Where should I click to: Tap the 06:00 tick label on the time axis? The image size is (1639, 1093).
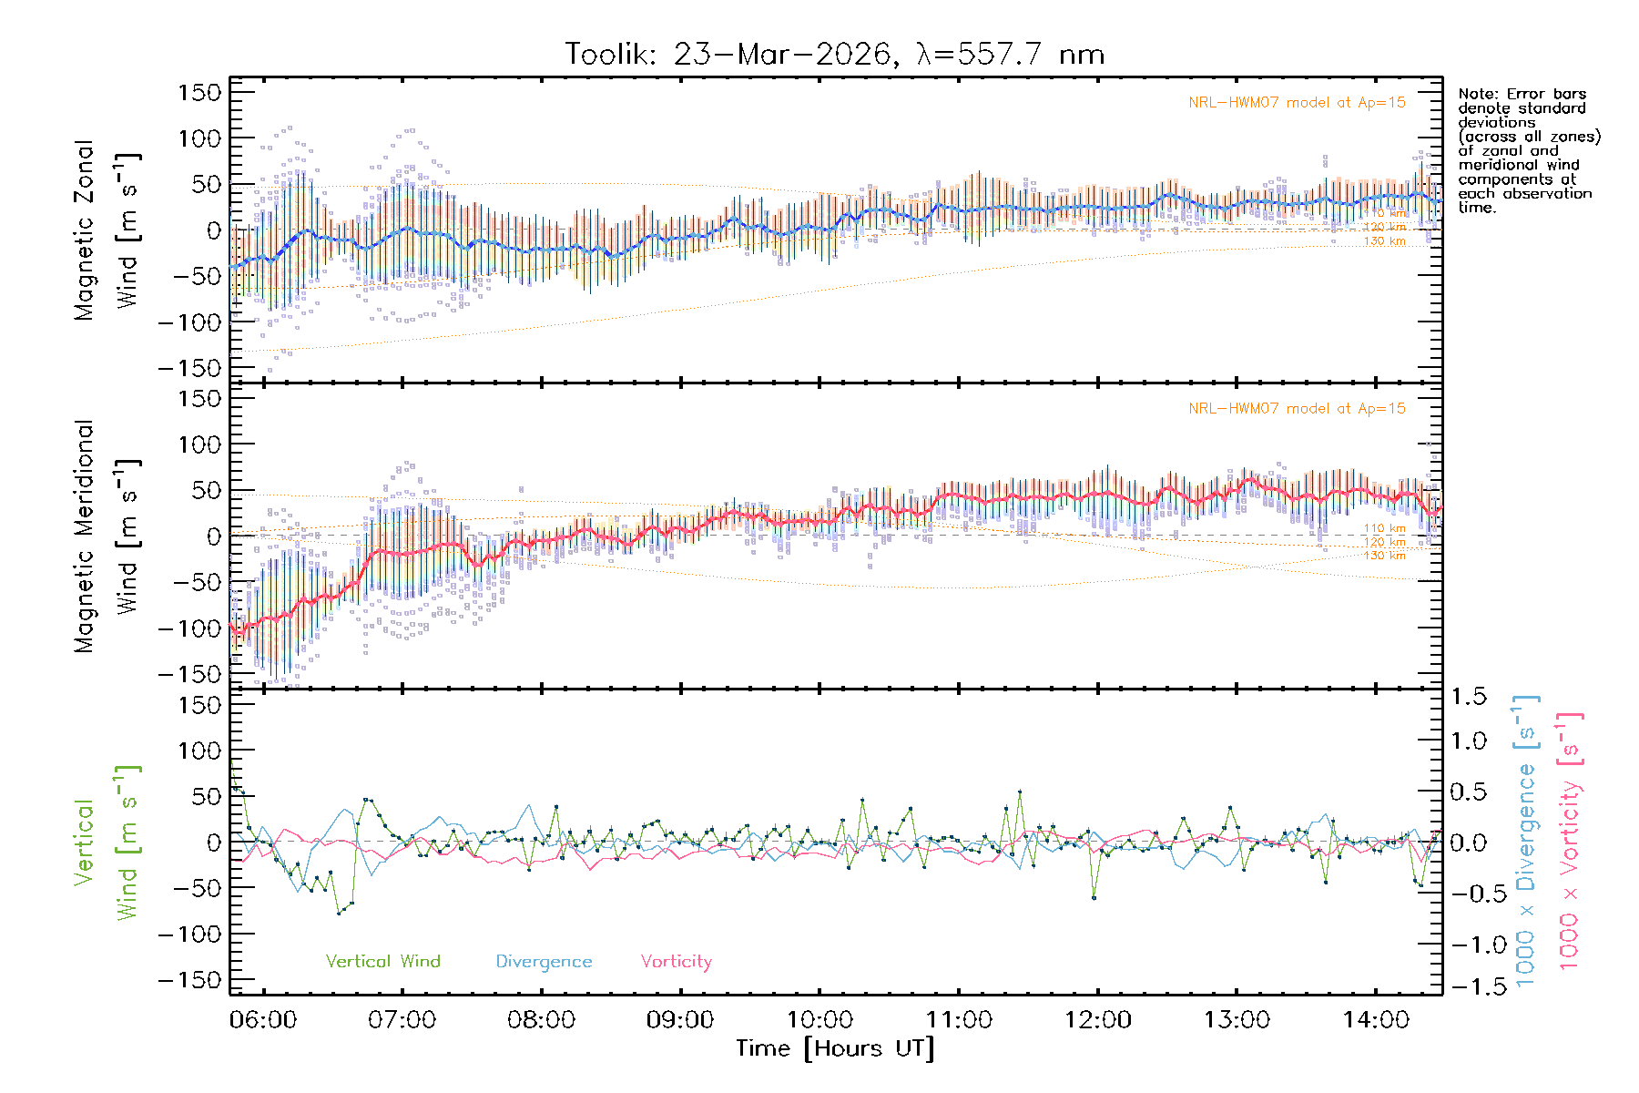coord(263,1020)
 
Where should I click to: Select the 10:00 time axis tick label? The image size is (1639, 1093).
coord(819,1020)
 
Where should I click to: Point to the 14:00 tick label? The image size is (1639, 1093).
coord(1376,1020)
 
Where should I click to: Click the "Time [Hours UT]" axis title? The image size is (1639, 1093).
coord(834,1049)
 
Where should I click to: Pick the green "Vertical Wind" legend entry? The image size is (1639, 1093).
coord(382,962)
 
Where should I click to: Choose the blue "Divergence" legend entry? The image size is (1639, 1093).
coord(544,962)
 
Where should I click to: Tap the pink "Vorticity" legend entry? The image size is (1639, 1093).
coord(676,962)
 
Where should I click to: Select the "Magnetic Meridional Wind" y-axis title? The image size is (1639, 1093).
coord(107,536)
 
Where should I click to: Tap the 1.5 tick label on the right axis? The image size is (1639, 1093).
coord(1469,697)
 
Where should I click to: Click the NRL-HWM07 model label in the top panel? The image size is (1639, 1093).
coord(1297,103)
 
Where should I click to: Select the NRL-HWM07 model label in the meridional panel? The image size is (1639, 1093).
coord(1297,409)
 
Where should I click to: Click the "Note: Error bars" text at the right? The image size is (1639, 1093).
coord(1522,95)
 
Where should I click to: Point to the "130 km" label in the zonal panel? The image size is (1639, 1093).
coord(1384,241)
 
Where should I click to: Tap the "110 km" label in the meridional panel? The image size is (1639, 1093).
coord(1384,528)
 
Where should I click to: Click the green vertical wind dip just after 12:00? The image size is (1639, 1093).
coord(1094,898)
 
